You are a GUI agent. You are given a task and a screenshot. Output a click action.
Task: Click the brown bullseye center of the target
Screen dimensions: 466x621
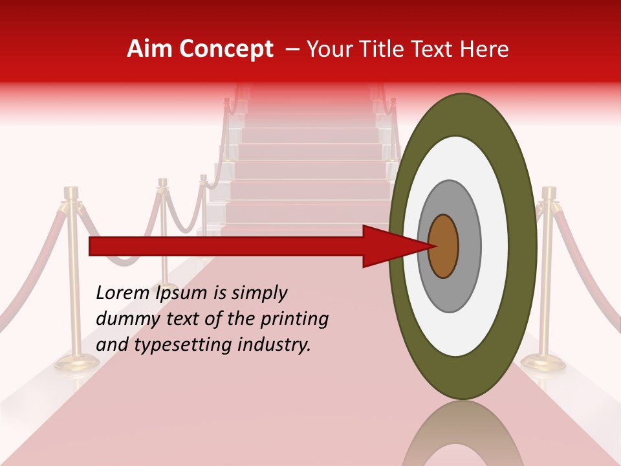(x=443, y=247)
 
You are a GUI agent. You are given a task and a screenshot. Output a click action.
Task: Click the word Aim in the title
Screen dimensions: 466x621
(x=149, y=49)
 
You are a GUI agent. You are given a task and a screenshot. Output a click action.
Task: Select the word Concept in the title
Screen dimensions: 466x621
(x=226, y=49)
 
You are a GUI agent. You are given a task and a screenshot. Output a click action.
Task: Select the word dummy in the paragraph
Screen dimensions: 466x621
(x=124, y=318)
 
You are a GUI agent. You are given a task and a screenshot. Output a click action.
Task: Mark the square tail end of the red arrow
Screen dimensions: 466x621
(x=91, y=246)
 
